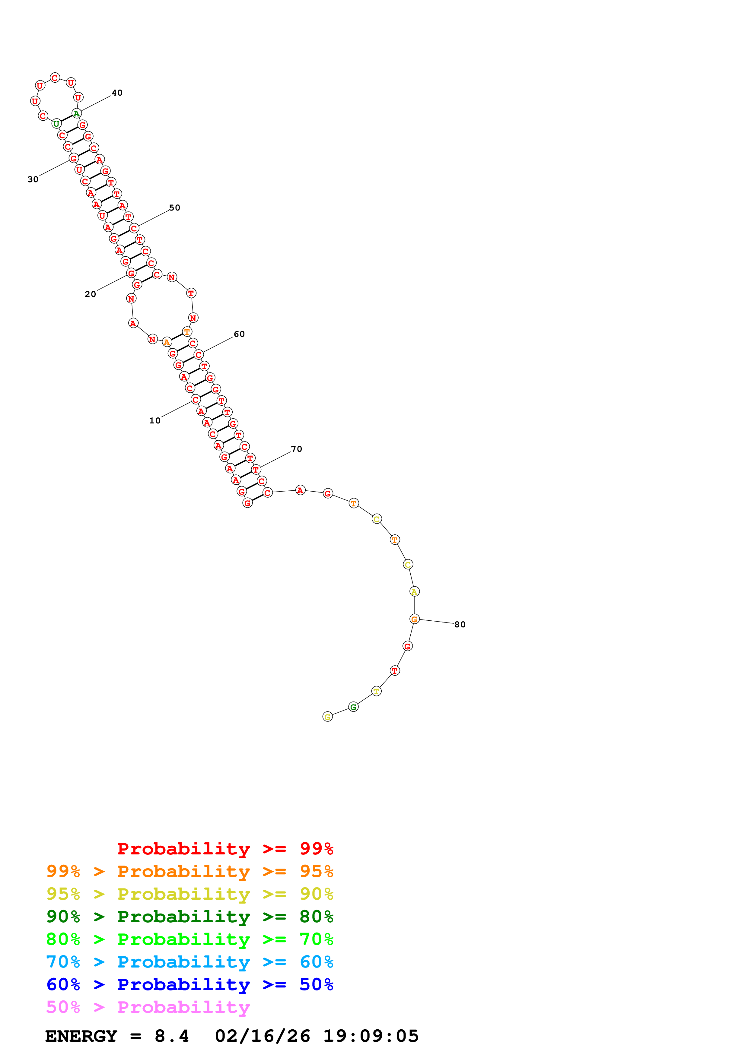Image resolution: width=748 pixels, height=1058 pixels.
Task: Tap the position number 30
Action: pos(33,179)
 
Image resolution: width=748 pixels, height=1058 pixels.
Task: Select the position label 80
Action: pos(460,624)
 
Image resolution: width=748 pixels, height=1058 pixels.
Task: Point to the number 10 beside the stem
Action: pos(154,420)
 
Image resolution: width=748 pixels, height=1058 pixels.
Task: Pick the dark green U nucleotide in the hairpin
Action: pos(56,123)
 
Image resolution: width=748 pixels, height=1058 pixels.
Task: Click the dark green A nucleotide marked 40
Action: pos(77,113)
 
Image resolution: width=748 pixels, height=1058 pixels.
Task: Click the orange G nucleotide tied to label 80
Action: pos(414,619)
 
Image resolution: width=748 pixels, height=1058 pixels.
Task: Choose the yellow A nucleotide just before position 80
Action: pos(414,592)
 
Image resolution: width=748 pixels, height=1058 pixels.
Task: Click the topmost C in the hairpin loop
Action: pos(55,78)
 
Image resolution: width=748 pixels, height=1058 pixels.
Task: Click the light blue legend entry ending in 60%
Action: pos(189,962)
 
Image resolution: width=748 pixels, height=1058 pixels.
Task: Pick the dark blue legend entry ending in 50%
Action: pos(189,984)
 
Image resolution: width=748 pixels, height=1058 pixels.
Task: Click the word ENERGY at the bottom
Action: pos(81,1036)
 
